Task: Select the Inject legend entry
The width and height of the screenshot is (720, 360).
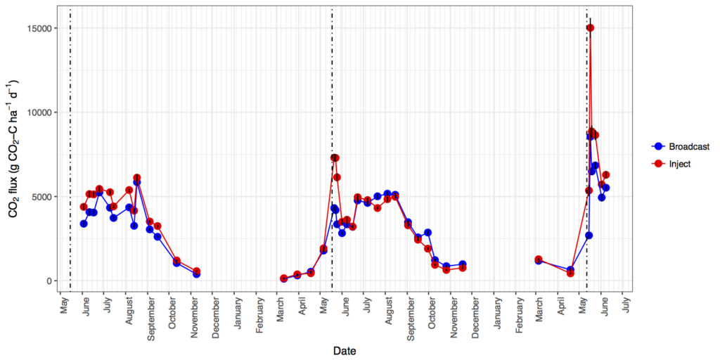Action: pyautogui.click(x=679, y=163)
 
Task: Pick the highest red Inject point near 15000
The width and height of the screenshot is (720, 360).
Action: pyautogui.click(x=590, y=28)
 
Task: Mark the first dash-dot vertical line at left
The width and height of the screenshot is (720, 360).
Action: pyautogui.click(x=70, y=141)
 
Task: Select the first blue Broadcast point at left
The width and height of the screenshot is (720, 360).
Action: pyautogui.click(x=84, y=224)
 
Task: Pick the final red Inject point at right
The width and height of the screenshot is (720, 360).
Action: pyautogui.click(x=606, y=174)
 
